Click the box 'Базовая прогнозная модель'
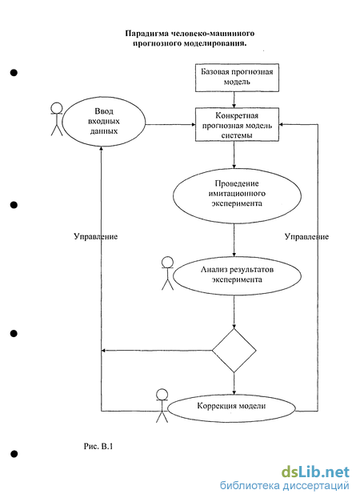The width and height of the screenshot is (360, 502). tap(237, 78)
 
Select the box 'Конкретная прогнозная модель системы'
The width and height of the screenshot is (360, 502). tap(237, 125)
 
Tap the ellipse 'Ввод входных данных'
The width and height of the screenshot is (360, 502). tap(104, 122)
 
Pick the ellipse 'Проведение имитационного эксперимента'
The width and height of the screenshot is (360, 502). tap(237, 195)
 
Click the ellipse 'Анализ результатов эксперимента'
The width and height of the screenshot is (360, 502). tap(237, 275)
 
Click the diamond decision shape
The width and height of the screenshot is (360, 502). tap(234, 351)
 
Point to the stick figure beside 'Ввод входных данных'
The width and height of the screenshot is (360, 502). tap(57, 118)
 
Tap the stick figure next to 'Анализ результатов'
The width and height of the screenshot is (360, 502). tap(167, 273)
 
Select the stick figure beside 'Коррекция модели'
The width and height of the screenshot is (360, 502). tap(162, 406)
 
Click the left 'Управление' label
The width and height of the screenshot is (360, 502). tap(96, 237)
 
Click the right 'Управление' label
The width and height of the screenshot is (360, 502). tap(306, 237)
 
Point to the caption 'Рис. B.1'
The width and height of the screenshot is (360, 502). tap(98, 446)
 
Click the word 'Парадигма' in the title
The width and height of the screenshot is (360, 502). tap(147, 34)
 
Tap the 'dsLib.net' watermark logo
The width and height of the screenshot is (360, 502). tap(315, 472)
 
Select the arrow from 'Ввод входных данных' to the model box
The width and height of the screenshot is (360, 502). tap(170, 125)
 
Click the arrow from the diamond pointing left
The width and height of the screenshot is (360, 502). tap(157, 351)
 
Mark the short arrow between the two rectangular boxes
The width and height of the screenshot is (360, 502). tap(234, 100)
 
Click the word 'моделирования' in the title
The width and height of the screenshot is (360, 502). tap(215, 43)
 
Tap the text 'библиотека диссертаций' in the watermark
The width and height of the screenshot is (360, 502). tap(285, 486)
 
